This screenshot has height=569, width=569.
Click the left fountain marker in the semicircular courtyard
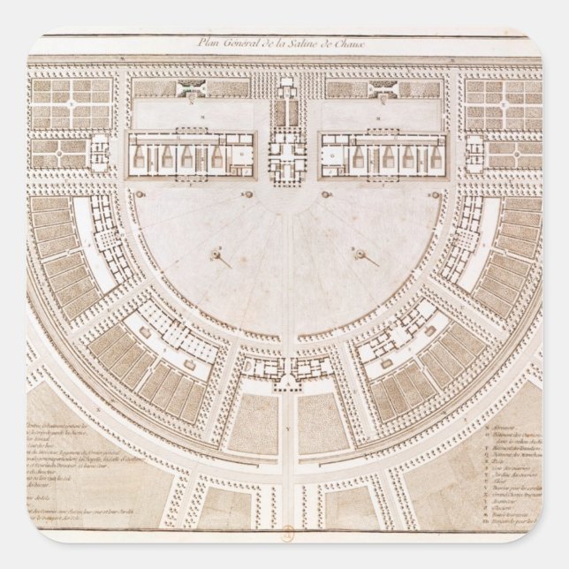pos(215,254)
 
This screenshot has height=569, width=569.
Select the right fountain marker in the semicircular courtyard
pos(360,254)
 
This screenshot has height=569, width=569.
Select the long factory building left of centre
pos(191,152)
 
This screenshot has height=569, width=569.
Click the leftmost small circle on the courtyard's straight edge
pos(139,192)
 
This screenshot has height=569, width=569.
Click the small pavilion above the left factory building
pos(190,89)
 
